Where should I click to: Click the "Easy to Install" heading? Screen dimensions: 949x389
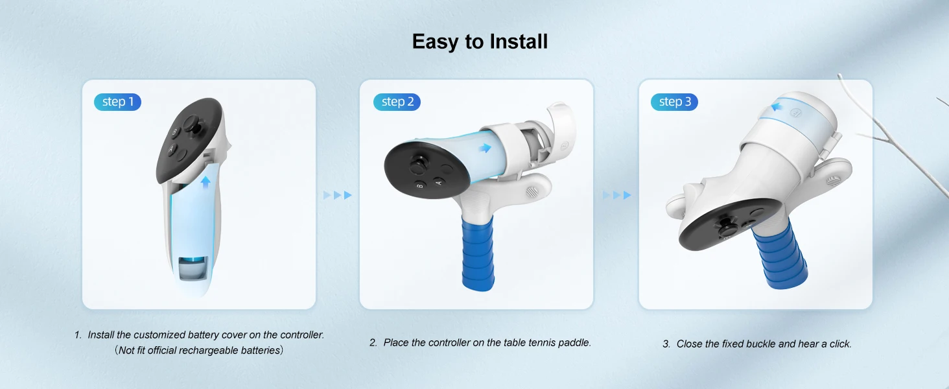(480, 41)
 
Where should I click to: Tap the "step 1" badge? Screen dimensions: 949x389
(117, 102)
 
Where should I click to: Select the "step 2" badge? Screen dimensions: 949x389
(397, 102)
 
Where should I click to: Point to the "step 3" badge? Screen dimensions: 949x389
(674, 102)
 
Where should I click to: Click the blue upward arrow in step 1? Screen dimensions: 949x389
(205, 182)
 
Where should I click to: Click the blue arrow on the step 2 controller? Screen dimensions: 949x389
(485, 148)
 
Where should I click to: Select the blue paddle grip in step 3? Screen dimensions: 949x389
(780, 255)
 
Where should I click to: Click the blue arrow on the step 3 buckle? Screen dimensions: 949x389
(776, 106)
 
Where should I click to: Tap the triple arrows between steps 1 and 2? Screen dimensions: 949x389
(338, 195)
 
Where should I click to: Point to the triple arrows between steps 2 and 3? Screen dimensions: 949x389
(617, 195)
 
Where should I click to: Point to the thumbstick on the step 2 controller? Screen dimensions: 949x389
(418, 165)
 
